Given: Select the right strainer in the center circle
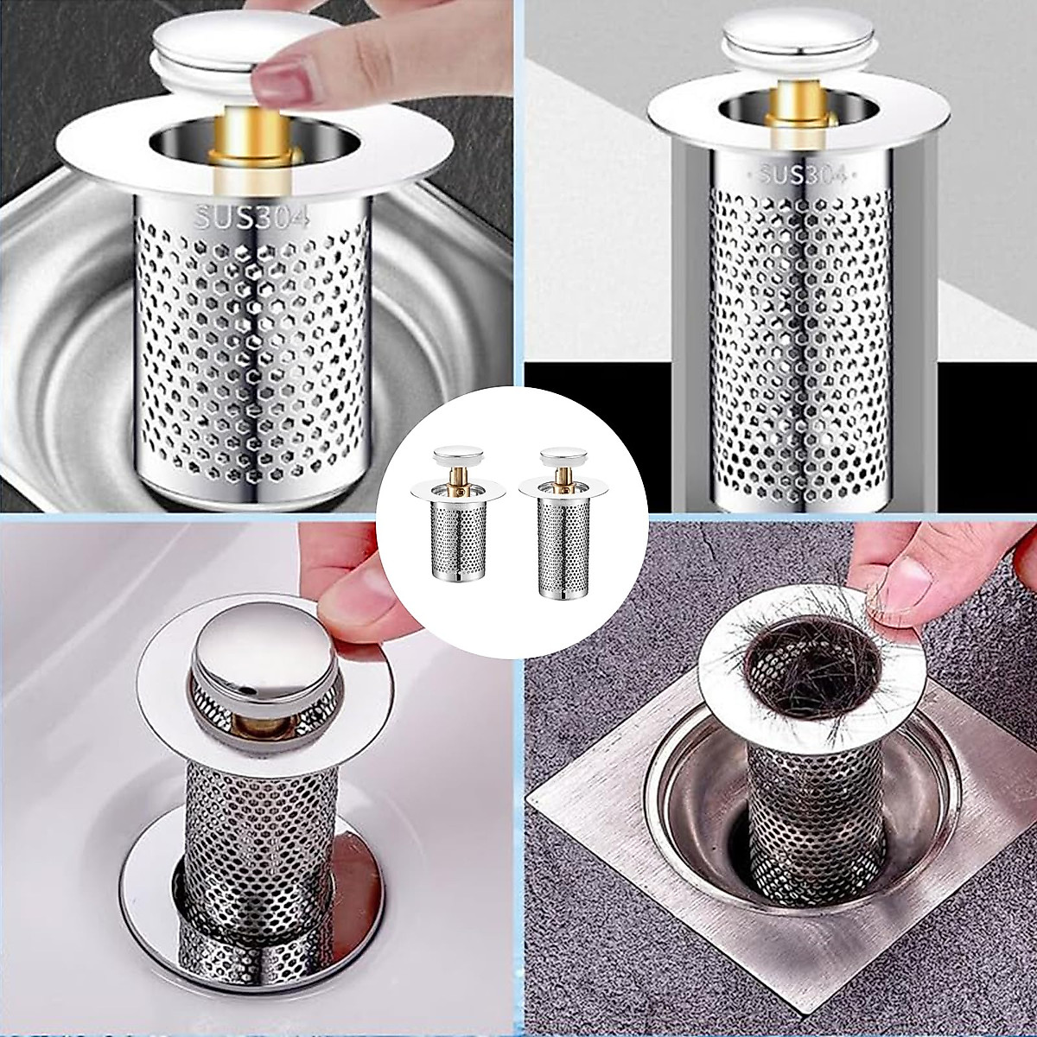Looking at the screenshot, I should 557,537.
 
